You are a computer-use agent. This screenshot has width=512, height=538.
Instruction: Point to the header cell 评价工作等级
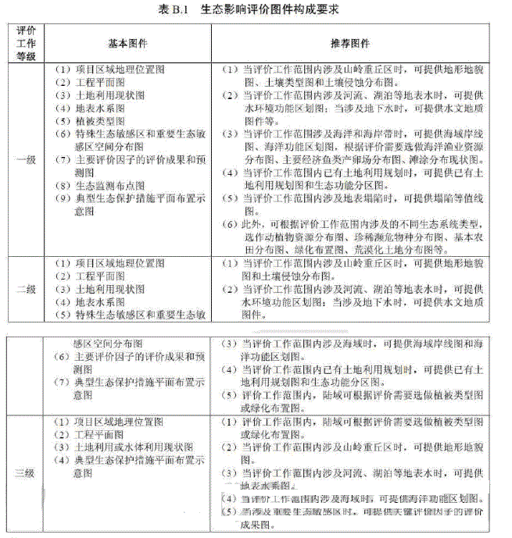tap(26, 43)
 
